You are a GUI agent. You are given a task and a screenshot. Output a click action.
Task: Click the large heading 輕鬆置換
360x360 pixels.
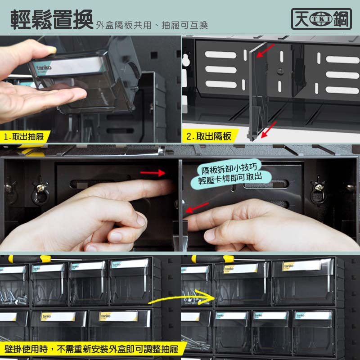pyautogui.click(x=52, y=20)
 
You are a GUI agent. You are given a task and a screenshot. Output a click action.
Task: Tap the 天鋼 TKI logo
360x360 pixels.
pyautogui.click(x=321, y=19)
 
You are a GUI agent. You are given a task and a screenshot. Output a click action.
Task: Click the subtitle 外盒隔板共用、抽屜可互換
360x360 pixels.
pyautogui.click(x=152, y=25)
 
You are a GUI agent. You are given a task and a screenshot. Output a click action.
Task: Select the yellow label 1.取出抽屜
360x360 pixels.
pyautogui.click(x=24, y=137)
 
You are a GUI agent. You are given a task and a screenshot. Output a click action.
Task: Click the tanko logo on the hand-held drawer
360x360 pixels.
pyautogui.click(x=44, y=67)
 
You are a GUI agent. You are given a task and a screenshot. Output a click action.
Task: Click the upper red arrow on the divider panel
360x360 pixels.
pyautogui.click(x=265, y=51)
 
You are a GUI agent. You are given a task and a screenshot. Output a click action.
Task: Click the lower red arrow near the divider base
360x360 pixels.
pyautogui.click(x=269, y=130)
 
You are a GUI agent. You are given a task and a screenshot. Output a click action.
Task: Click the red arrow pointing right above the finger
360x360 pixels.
pyautogui.click(x=153, y=173)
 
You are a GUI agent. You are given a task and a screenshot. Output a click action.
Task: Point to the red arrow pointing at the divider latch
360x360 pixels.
pyautogui.click(x=197, y=207)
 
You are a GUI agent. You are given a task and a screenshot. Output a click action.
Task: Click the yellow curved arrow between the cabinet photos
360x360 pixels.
pyautogui.click(x=182, y=297)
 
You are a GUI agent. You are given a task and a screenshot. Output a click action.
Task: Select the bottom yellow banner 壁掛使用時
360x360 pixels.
pyautogui.click(x=92, y=349)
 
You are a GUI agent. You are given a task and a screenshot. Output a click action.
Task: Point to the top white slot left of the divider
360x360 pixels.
pyautogui.click(x=220, y=55)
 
